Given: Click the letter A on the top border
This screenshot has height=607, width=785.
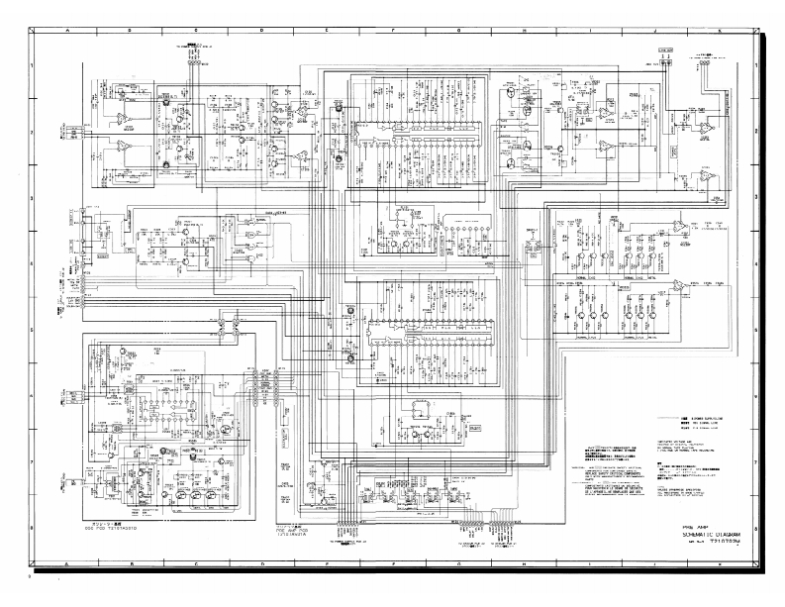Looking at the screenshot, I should point(68,31).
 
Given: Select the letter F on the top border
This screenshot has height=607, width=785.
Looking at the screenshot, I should point(394,31).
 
